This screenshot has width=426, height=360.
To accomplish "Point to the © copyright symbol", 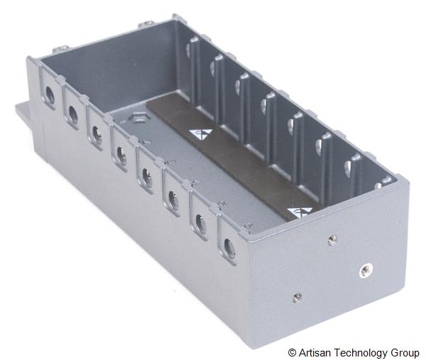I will tap(292, 353).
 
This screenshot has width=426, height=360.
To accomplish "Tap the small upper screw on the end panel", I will tap(331, 240).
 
